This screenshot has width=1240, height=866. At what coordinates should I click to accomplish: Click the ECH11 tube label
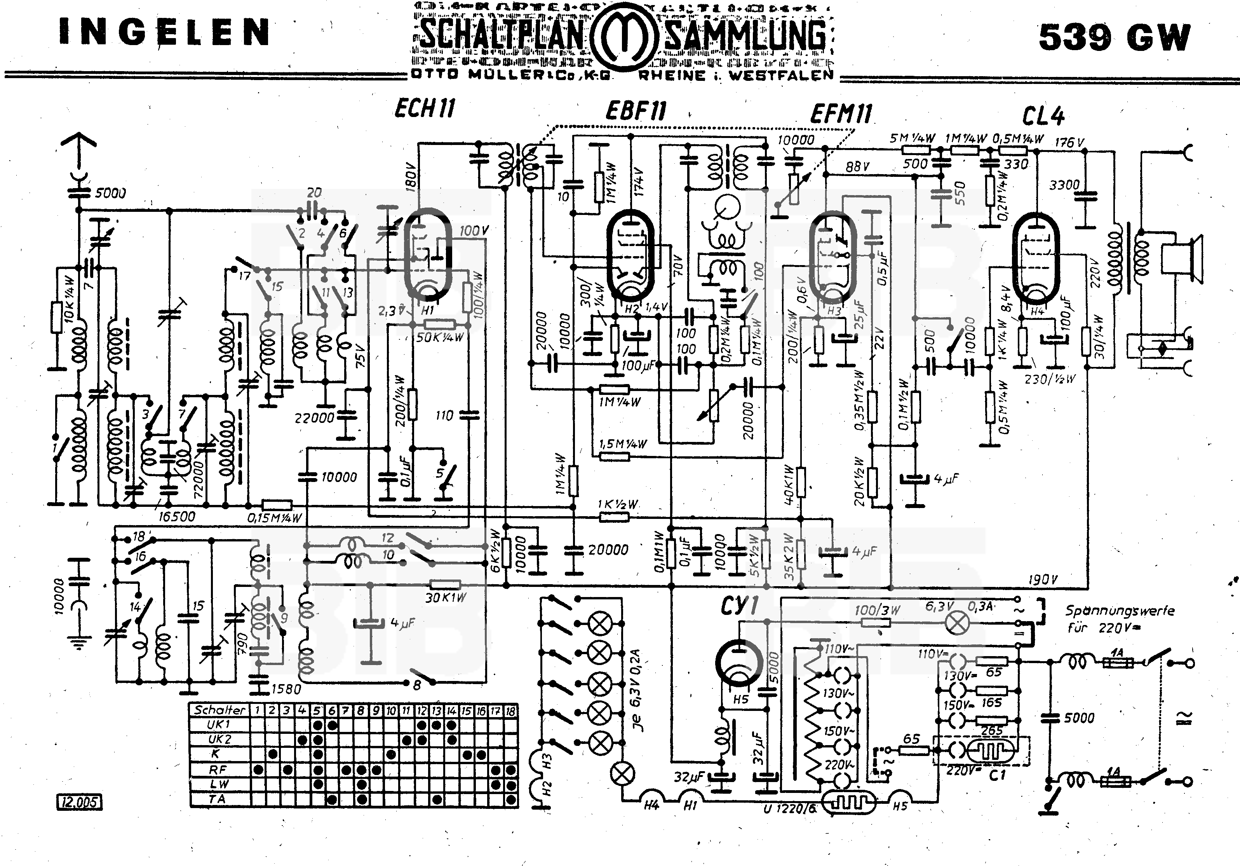click(x=425, y=108)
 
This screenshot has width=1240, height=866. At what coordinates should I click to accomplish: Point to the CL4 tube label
click(x=1043, y=115)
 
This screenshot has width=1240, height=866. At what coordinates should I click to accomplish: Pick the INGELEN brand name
click(x=164, y=32)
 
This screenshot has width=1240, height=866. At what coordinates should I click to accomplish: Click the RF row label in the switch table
click(x=218, y=769)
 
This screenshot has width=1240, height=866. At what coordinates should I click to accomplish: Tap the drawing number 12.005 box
click(x=79, y=802)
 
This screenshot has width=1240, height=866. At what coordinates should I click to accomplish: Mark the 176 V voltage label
click(x=1069, y=143)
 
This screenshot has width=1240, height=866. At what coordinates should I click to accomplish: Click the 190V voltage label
click(x=1042, y=580)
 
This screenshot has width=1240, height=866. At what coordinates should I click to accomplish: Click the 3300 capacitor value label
click(x=1064, y=185)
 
